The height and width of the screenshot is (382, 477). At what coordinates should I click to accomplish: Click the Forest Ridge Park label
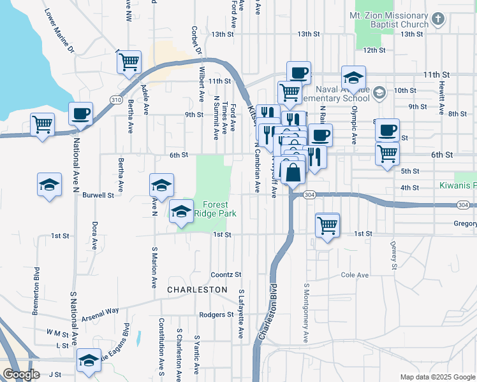(x=219, y=209)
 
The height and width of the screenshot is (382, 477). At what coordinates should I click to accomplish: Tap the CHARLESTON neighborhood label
(x=197, y=290)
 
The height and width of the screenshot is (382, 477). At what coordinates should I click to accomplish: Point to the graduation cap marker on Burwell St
(x=161, y=185)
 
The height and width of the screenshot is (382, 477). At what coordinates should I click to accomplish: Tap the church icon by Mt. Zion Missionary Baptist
(x=437, y=20)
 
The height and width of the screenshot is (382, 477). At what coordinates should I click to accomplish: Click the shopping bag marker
(x=293, y=173)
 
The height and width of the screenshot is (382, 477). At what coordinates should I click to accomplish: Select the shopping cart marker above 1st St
(x=327, y=225)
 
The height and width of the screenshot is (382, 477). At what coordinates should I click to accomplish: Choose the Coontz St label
(x=226, y=274)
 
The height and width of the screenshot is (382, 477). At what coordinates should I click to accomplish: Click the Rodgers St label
(x=213, y=315)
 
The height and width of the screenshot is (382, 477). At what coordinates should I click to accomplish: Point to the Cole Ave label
(x=355, y=275)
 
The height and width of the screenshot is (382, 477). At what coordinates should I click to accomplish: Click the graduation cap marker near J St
(x=89, y=360)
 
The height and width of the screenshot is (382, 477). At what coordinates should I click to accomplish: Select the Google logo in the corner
(x=21, y=374)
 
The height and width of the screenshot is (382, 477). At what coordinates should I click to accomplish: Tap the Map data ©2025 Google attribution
(x=437, y=377)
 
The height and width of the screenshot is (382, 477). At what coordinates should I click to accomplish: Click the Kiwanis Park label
(x=457, y=185)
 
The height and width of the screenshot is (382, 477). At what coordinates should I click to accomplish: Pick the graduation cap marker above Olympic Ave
(x=353, y=78)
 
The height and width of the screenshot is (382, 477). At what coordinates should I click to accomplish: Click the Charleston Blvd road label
(x=268, y=312)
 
